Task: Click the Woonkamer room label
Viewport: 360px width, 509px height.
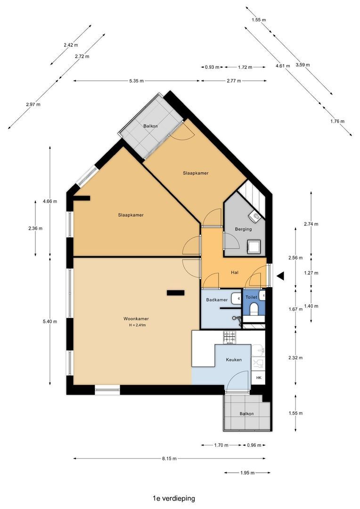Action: click(136, 319)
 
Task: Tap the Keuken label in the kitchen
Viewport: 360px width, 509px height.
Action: click(234, 360)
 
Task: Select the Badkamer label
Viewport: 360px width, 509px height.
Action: click(217, 300)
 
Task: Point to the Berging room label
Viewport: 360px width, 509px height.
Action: click(243, 229)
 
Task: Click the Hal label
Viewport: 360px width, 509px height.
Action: click(234, 272)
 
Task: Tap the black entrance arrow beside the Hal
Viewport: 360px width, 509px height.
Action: click(280, 276)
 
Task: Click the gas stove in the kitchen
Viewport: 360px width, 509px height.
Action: click(229, 337)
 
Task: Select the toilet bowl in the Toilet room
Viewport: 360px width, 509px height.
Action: click(254, 309)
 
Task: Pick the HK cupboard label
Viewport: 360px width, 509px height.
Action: click(259, 378)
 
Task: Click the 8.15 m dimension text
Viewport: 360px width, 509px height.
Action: click(170, 459)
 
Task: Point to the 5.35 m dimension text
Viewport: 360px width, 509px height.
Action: click(136, 81)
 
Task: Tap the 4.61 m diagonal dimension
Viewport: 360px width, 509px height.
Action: click(283, 66)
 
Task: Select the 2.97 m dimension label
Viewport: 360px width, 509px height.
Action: click(33, 105)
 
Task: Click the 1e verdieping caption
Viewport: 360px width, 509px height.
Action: click(174, 498)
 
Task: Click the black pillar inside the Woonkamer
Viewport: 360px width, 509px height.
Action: click(176, 293)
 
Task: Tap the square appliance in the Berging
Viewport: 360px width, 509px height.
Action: click(254, 246)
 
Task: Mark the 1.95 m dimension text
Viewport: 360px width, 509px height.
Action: click(247, 473)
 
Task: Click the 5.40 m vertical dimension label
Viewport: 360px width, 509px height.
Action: click(50, 321)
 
